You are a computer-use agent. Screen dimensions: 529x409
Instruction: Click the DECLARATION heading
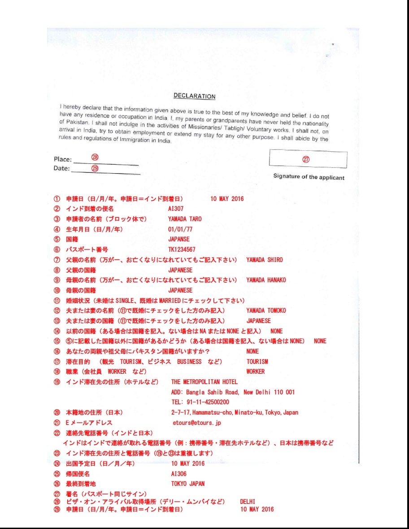pyautogui.click(x=194, y=96)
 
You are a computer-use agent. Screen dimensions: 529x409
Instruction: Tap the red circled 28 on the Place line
pyautogui.click(x=95, y=157)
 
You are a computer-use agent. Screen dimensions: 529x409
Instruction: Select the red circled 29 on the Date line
pyautogui.click(x=95, y=168)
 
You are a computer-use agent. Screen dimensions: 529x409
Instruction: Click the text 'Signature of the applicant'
pyautogui.click(x=309, y=177)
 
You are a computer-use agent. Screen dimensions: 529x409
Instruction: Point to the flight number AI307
pyautogui.click(x=175, y=209)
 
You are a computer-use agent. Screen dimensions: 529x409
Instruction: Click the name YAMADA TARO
pyautogui.click(x=185, y=219)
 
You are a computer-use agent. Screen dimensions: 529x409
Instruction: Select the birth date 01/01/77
pyautogui.click(x=180, y=229)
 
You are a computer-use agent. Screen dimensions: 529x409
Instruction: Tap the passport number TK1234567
pyautogui.click(x=182, y=249)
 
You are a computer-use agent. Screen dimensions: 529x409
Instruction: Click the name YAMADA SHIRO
pyautogui.click(x=265, y=260)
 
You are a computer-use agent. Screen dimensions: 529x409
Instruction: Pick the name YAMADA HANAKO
pyautogui.click(x=266, y=280)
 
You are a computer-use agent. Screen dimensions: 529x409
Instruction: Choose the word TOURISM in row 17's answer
pyautogui.click(x=257, y=362)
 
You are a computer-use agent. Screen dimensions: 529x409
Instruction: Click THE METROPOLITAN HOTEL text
pyautogui.click(x=204, y=382)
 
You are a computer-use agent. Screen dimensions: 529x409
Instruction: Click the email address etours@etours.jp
pyautogui.click(x=196, y=423)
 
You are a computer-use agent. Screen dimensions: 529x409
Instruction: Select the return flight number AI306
pyautogui.click(x=179, y=474)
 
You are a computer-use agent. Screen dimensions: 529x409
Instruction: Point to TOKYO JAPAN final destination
pyautogui.click(x=187, y=484)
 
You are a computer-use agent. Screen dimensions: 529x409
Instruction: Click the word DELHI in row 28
pyautogui.click(x=248, y=502)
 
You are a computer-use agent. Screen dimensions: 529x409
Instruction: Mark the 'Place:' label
pyautogui.click(x=62, y=159)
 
